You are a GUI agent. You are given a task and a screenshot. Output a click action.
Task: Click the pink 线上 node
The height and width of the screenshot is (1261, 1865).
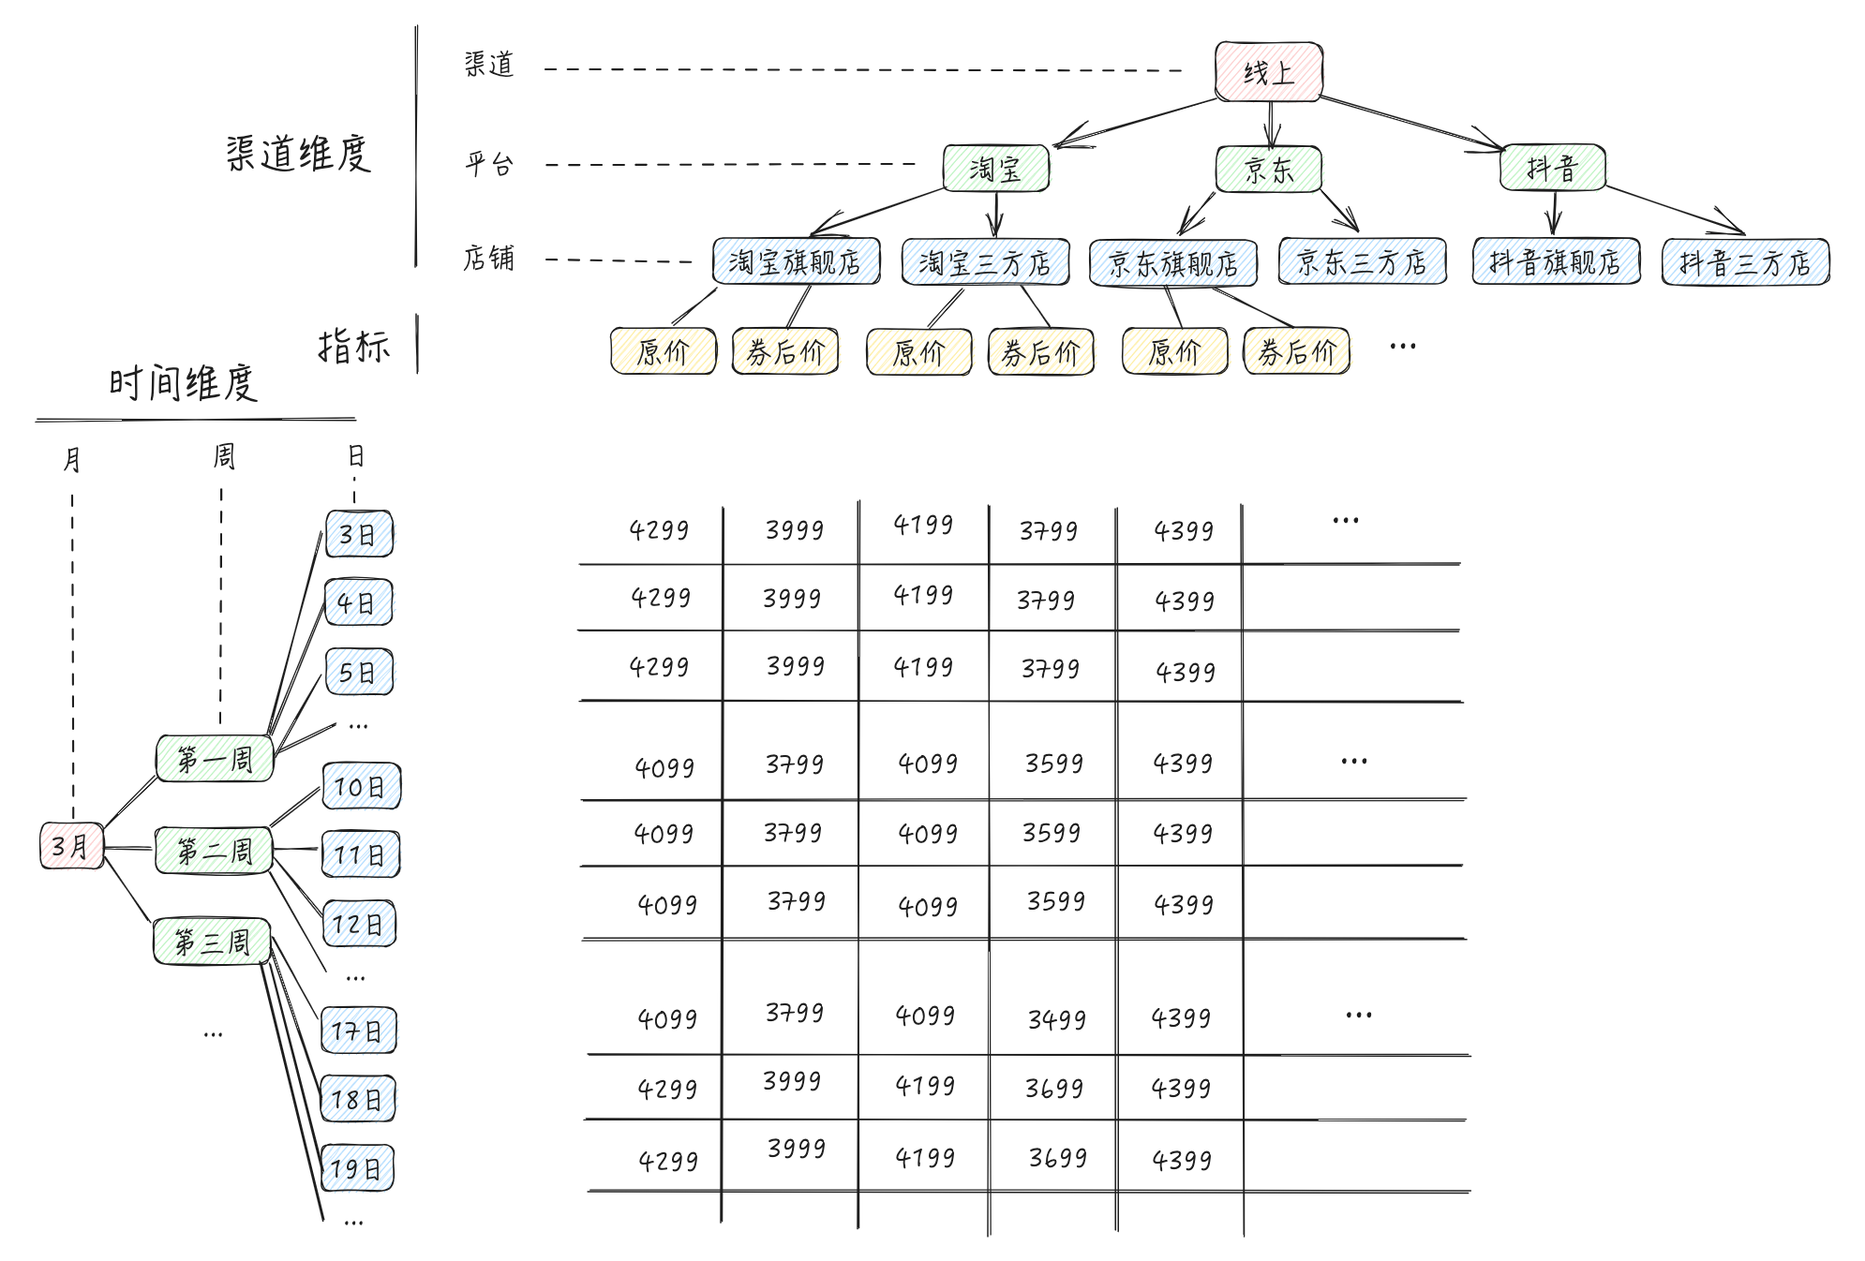tap(1268, 72)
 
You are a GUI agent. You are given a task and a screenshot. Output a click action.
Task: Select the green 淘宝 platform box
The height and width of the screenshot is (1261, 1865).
tap(995, 169)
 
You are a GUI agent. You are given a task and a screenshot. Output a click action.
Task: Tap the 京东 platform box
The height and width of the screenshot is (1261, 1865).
tap(1268, 170)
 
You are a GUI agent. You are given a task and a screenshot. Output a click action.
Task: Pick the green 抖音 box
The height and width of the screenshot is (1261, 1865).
tap(1552, 168)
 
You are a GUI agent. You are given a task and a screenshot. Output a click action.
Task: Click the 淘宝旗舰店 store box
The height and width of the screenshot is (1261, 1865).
tap(796, 261)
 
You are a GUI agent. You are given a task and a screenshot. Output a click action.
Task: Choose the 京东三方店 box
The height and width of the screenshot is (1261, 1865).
tap(1362, 262)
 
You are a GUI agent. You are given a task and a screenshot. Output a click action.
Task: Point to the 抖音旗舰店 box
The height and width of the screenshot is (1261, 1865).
tap(1556, 261)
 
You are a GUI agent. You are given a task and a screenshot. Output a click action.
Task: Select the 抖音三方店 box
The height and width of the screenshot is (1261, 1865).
tap(1745, 262)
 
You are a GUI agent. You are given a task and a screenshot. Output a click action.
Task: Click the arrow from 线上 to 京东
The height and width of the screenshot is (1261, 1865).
tap(1270, 124)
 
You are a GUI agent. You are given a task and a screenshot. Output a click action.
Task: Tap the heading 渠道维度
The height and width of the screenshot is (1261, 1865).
tap(298, 154)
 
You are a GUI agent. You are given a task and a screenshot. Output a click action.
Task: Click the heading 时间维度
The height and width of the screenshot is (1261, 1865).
tap(183, 383)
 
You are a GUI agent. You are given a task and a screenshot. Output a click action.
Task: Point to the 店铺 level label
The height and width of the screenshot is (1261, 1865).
tap(488, 258)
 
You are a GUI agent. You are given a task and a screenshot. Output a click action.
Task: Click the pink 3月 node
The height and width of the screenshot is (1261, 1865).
tap(71, 846)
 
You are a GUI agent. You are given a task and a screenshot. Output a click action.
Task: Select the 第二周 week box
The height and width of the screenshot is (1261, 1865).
tap(214, 851)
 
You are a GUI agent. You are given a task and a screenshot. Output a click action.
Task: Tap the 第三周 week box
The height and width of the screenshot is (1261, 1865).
tap(212, 942)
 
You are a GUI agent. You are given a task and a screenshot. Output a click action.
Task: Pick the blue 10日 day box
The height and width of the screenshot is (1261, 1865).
tap(361, 786)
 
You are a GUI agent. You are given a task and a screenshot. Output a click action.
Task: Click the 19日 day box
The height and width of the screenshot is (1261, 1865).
tap(357, 1167)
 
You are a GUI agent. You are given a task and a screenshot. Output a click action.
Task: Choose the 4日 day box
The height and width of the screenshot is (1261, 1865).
tap(358, 602)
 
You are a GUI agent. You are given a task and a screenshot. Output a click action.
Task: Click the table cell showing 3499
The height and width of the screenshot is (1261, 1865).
tap(1056, 1019)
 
